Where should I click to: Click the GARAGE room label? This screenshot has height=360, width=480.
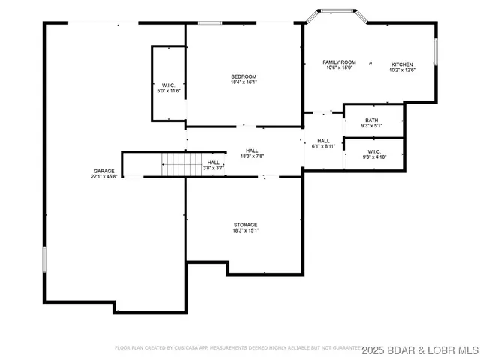click(104, 171)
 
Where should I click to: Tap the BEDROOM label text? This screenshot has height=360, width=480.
click(244, 77)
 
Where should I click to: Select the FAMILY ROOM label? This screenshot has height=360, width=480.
click(339, 62)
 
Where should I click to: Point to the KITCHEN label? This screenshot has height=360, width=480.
click(402, 64)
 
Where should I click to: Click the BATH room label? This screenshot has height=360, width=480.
click(372, 121)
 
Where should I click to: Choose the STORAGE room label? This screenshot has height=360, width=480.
click(245, 225)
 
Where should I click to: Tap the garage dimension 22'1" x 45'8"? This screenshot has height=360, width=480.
click(104, 177)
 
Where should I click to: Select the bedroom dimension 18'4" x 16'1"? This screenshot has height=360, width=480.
click(244, 83)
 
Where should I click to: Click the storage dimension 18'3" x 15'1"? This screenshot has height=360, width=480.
click(245, 231)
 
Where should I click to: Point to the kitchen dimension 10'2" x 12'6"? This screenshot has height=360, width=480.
click(402, 70)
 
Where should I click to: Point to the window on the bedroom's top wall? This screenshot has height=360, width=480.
click(209, 23)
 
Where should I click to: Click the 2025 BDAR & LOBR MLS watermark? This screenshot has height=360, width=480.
click(420, 349)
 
